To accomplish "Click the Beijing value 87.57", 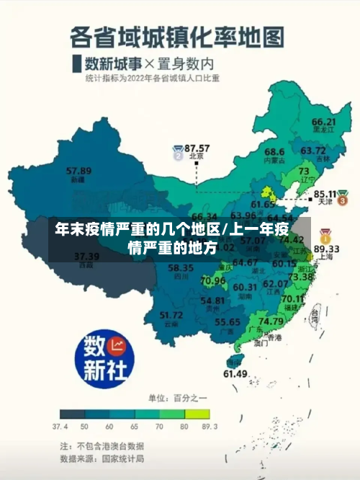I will click(197, 147).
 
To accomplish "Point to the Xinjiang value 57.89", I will click(78, 171).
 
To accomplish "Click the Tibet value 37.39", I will click(87, 256).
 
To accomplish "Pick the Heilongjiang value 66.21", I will click(324, 122).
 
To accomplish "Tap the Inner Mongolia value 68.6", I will click(274, 152).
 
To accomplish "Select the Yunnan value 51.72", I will click(171, 314).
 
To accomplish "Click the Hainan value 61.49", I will click(235, 373).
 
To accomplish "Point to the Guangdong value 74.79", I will click(271, 321).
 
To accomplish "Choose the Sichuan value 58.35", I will click(180, 268).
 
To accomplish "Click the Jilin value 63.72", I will click(313, 150).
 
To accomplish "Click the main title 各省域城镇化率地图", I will click(176, 35).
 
